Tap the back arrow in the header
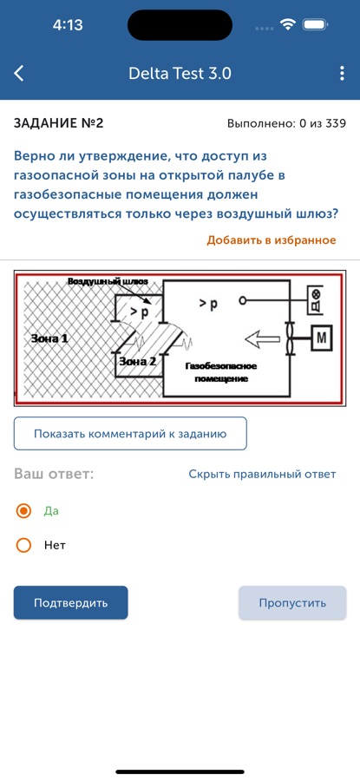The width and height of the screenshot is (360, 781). (18, 73)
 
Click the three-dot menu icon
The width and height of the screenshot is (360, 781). (342, 73)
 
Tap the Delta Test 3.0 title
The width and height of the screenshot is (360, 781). (180, 74)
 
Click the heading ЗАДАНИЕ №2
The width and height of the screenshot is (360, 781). (58, 123)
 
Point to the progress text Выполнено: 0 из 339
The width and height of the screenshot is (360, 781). (286, 123)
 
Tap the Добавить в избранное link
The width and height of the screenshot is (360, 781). (272, 240)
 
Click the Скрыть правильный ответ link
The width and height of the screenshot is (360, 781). (262, 474)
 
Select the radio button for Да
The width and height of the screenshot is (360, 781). (23, 511)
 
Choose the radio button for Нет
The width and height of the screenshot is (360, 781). (23, 546)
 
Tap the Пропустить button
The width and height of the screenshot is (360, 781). (292, 603)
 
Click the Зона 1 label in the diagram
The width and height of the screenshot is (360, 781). (49, 338)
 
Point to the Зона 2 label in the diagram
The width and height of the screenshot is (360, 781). (137, 362)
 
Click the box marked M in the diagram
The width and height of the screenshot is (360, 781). (321, 338)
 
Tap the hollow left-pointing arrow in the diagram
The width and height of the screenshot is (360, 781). (262, 338)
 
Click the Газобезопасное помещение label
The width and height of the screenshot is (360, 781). (220, 372)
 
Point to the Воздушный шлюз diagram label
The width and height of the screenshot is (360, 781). (108, 281)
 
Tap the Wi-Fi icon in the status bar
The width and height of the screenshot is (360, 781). (288, 25)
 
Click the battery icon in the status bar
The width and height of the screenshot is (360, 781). (315, 25)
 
